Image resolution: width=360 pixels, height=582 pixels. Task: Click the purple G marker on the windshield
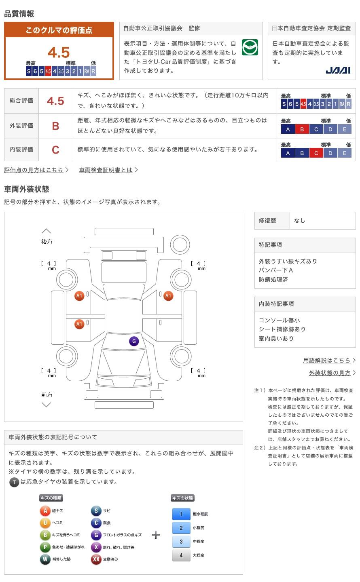(x=134, y=341)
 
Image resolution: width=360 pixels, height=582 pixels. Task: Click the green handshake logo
(x=250, y=47)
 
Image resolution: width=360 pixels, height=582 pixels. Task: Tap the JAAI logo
(x=338, y=70)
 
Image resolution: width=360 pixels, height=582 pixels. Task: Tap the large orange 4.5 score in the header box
(x=59, y=53)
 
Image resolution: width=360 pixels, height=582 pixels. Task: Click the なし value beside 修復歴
(x=299, y=221)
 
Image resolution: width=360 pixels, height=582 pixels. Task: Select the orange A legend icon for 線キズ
(x=45, y=510)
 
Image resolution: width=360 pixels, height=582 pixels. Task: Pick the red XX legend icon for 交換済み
(x=96, y=559)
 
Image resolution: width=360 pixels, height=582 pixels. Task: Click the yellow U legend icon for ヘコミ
(x=45, y=523)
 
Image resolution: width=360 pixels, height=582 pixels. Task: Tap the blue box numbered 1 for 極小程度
(x=181, y=514)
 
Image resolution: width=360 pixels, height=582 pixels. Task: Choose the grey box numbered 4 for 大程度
(x=181, y=555)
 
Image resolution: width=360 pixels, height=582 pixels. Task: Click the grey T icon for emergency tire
(x=14, y=482)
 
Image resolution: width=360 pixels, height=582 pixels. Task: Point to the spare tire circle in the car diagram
(x=180, y=245)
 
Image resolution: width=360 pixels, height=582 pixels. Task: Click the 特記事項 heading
(x=270, y=245)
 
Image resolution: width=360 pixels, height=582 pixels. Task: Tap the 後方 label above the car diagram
(x=47, y=242)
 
